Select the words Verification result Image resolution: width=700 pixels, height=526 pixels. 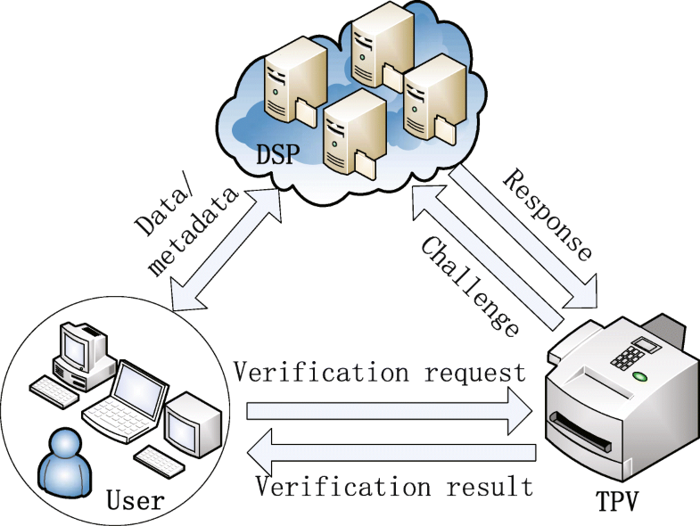(393, 486)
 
